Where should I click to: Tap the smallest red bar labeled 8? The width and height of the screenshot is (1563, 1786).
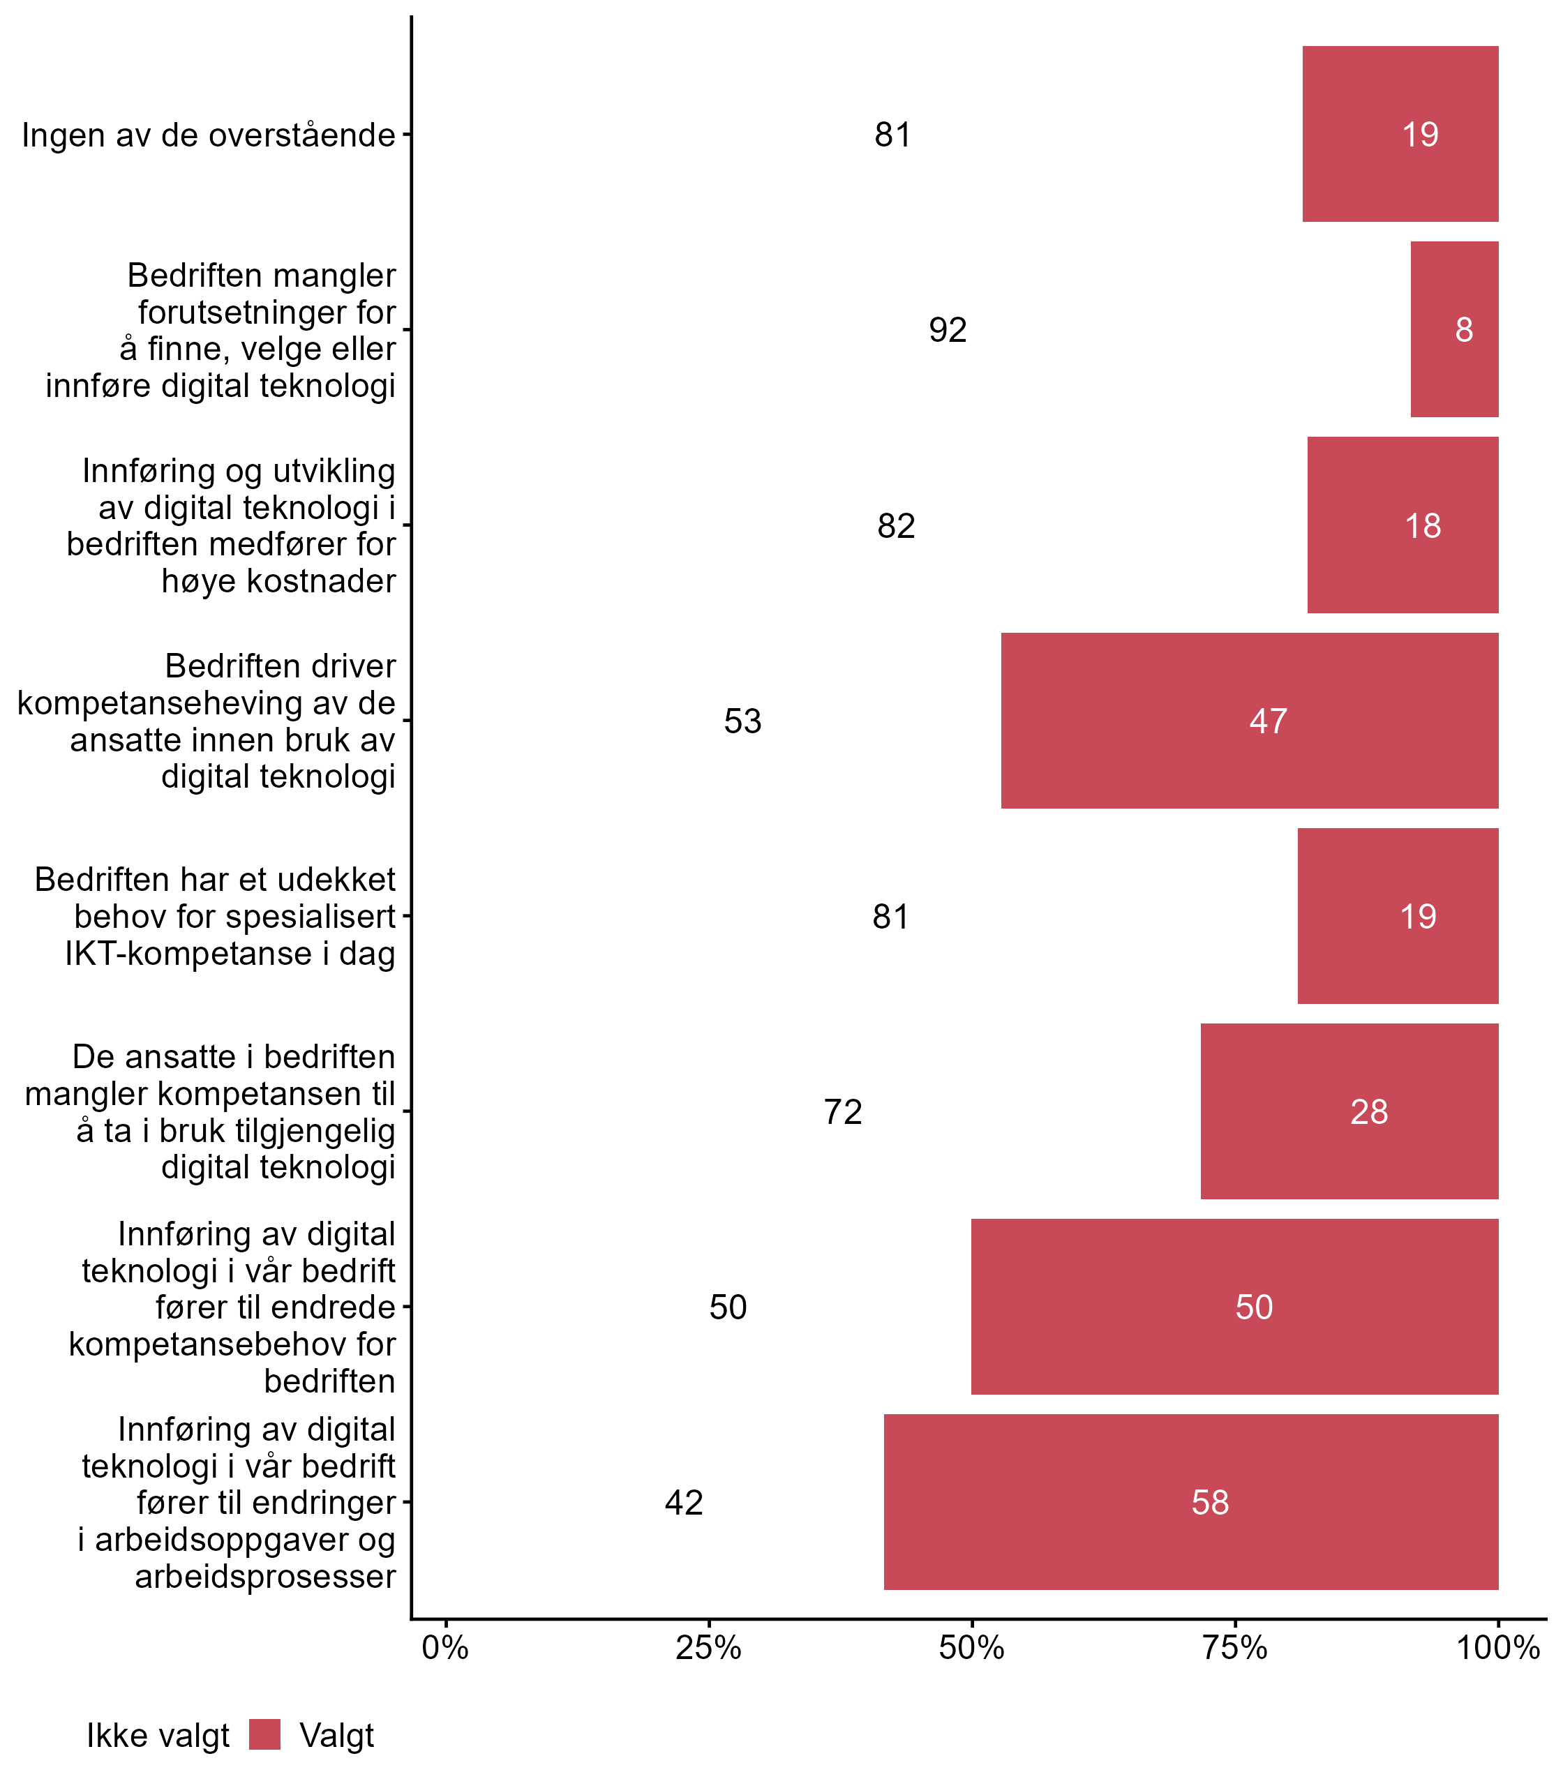1454,329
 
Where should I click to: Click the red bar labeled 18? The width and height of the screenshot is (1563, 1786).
1403,525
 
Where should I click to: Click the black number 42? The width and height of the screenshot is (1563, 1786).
684,1503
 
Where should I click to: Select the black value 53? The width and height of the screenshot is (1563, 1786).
742,721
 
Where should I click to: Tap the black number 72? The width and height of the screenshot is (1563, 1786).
843,1112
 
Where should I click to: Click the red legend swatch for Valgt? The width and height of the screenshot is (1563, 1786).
264,1734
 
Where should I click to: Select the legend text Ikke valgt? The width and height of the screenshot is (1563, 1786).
158,1736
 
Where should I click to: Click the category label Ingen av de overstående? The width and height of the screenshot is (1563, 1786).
209,135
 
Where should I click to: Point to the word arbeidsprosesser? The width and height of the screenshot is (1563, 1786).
265,1577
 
